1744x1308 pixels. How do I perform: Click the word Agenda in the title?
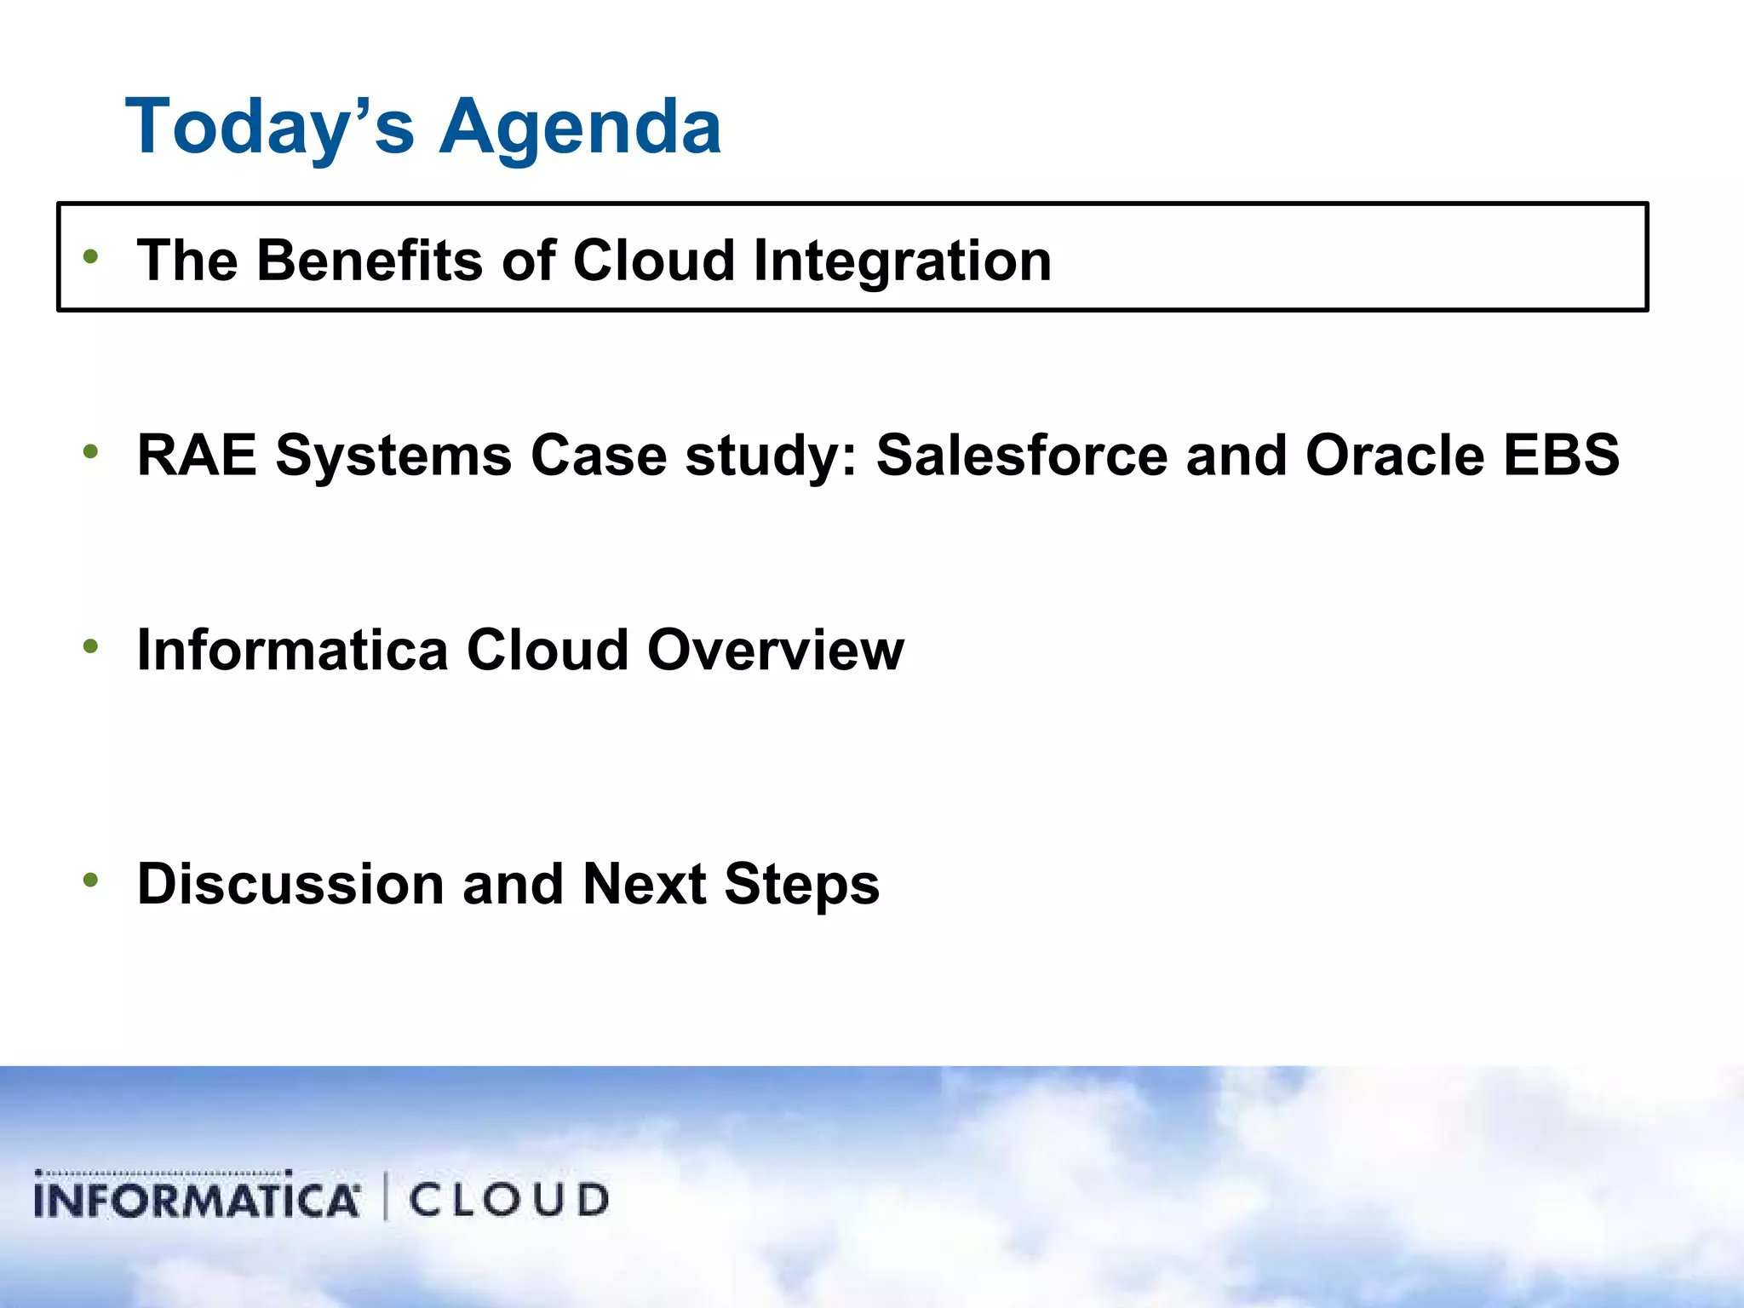pyautogui.click(x=581, y=128)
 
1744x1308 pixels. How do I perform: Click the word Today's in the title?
pyautogui.click(x=270, y=128)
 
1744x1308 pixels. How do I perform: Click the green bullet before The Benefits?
pyautogui.click(x=91, y=255)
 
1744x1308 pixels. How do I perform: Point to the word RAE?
pyautogui.click(x=197, y=455)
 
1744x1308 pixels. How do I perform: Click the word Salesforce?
pyautogui.click(x=1021, y=455)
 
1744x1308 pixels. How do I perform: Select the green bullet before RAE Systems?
pyautogui.click(x=91, y=451)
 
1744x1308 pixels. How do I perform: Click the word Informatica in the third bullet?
pyautogui.click(x=292, y=650)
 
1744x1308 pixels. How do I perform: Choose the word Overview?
pyautogui.click(x=775, y=650)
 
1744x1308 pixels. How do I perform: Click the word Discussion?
pyautogui.click(x=290, y=884)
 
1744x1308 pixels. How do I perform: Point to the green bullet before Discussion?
pyautogui.click(x=91, y=880)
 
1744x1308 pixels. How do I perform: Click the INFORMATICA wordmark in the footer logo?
pyautogui.click(x=196, y=1198)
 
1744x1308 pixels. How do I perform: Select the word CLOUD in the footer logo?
pyautogui.click(x=508, y=1199)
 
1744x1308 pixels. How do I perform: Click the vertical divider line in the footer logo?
pyautogui.click(x=386, y=1196)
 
